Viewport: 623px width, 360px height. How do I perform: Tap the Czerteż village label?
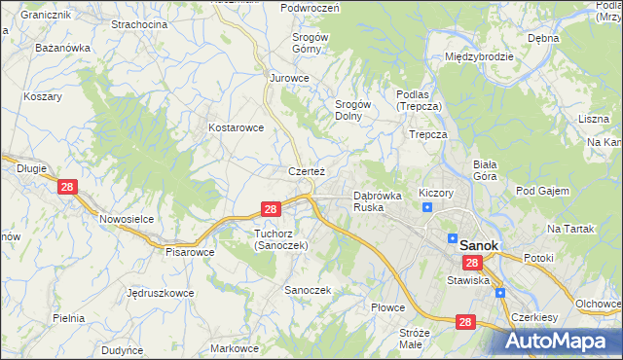[305, 171]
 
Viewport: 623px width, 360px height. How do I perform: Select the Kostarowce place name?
[237, 127]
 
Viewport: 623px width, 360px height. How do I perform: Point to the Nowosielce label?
[127, 219]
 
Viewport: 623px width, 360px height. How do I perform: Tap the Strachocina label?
[138, 23]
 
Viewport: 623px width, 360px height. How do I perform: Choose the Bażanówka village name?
[62, 47]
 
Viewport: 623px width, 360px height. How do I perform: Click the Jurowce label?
[289, 78]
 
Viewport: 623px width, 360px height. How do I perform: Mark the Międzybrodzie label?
[479, 56]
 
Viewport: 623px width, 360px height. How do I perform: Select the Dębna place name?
[542, 38]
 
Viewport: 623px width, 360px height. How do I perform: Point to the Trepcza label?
[428, 134]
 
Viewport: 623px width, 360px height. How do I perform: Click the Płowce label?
[387, 307]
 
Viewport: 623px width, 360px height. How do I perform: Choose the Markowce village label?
[235, 347]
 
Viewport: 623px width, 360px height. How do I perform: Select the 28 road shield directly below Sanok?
[472, 264]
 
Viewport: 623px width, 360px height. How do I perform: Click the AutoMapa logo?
[564, 342]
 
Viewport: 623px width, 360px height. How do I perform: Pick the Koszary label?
[43, 96]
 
